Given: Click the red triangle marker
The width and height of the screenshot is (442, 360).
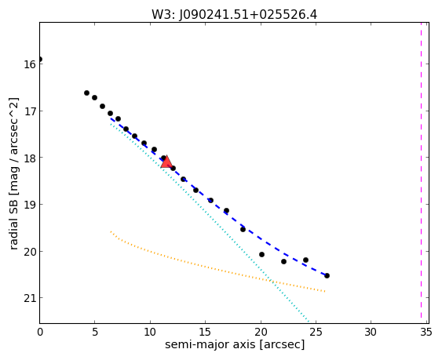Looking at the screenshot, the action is (166, 162).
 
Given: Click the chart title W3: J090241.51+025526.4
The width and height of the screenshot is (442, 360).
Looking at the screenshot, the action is (234, 14).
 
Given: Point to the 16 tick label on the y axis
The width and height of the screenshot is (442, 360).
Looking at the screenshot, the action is (29, 64).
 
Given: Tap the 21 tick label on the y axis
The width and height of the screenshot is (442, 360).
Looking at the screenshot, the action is (29, 298).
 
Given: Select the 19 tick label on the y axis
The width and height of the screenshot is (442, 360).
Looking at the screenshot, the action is (29, 205).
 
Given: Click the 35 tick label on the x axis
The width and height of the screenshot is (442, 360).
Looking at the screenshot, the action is (426, 333).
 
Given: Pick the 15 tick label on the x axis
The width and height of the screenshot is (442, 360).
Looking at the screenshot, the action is (205, 333).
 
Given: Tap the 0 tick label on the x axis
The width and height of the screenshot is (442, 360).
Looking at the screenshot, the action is (40, 333).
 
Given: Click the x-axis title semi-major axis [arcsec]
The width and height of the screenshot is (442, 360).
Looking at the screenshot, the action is (235, 345).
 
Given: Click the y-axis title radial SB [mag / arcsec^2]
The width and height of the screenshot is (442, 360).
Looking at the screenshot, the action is (13, 173).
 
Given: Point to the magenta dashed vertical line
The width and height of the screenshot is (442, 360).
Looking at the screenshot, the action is (421, 173).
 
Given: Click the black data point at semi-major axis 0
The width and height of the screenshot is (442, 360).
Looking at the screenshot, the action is (40, 59).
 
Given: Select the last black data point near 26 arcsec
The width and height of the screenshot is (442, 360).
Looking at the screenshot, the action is (327, 275).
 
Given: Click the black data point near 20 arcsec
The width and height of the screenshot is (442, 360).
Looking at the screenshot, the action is (261, 254).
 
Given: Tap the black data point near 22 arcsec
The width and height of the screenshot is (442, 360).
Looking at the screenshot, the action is (283, 261).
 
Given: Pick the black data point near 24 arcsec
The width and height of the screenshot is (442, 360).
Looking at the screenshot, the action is (305, 260).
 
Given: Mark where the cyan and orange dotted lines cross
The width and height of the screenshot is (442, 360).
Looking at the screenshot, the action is (271, 281).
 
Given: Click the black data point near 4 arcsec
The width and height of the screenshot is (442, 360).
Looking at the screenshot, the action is (86, 93).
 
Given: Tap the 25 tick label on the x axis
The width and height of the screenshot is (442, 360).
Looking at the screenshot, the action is (316, 333).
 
